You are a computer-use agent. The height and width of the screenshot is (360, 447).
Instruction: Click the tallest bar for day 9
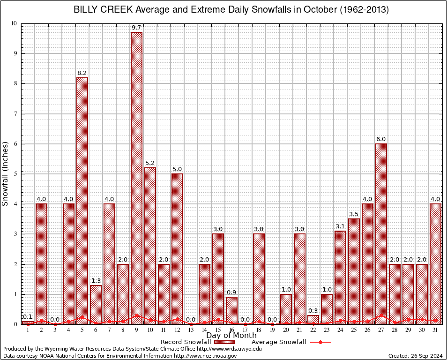[136, 178]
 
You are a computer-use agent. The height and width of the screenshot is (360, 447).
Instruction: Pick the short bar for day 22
[313, 320]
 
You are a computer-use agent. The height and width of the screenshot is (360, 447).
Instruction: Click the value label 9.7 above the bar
[136, 28]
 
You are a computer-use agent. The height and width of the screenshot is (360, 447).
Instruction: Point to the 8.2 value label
[82, 73]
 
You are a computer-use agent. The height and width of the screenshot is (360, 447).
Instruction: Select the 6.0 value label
[381, 139]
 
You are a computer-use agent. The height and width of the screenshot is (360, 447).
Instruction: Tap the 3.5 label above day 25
[354, 215]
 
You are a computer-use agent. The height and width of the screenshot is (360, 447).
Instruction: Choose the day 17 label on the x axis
[245, 330]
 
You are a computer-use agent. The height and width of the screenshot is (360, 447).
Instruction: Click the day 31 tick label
[435, 330]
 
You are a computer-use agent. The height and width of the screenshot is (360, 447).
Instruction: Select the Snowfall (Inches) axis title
[5, 174]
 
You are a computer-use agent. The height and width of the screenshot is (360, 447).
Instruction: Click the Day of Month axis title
[231, 336]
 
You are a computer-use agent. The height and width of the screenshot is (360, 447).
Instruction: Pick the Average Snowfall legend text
[279, 342]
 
